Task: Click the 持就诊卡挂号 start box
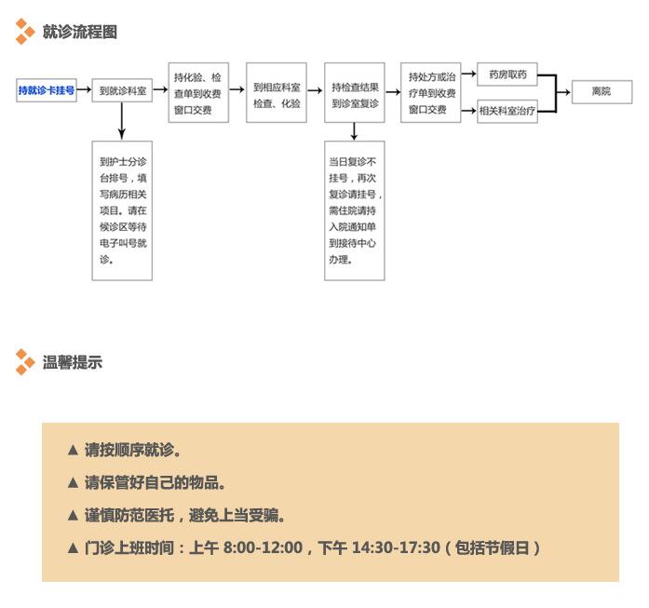point(46,91)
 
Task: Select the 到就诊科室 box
point(122,91)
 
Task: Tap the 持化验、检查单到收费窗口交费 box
point(197,93)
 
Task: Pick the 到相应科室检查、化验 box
point(277,93)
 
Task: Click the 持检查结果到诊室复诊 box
point(355,93)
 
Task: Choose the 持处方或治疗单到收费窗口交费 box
point(432,93)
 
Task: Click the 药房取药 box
point(507,74)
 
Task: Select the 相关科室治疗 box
point(507,111)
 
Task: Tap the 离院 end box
point(602,92)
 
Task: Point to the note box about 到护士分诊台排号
point(122,210)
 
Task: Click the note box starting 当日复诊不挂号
point(355,210)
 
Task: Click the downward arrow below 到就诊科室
point(122,121)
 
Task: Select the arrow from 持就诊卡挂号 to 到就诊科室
point(84,91)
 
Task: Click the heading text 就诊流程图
point(80,32)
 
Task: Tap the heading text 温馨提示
point(73,362)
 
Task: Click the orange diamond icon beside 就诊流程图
point(25,32)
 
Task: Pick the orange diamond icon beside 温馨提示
point(25,362)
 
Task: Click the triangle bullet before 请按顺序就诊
point(73,450)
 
